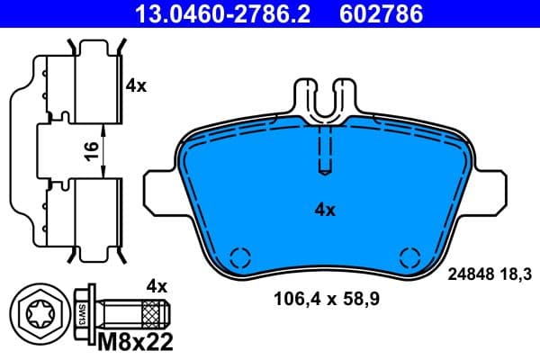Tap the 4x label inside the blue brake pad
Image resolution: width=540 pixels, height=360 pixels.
(x=325, y=210)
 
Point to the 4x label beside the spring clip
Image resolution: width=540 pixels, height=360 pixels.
(x=136, y=87)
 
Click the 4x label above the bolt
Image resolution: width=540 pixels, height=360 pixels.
(x=157, y=287)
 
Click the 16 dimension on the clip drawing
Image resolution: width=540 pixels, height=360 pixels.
(x=90, y=150)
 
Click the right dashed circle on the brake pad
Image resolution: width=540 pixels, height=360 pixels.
(x=410, y=256)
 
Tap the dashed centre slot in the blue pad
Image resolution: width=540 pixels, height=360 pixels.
(x=325, y=148)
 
